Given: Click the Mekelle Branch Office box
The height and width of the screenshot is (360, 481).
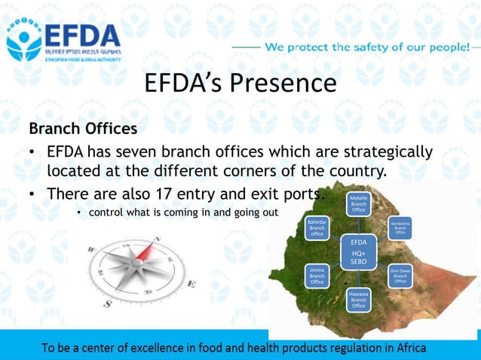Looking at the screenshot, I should click(x=358, y=204).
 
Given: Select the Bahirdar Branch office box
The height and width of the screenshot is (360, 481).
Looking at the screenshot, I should click(x=317, y=228).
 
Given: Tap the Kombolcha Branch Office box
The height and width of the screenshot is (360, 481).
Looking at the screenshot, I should click(x=400, y=228).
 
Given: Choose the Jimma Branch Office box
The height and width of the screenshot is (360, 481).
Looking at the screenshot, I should click(x=317, y=276).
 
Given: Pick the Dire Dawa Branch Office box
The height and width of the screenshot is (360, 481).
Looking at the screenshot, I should click(x=400, y=276).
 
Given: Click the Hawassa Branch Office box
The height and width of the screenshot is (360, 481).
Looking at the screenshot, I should click(x=358, y=299).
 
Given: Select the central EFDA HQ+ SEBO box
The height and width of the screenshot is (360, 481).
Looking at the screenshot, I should click(x=359, y=252).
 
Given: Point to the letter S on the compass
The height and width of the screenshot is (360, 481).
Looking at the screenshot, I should click(x=108, y=303).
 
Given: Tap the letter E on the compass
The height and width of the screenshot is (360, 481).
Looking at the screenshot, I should click(x=191, y=284).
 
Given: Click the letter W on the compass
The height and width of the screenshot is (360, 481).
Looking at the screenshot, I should click(x=92, y=249).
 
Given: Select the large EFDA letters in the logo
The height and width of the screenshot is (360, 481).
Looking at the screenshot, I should click(x=81, y=35).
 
